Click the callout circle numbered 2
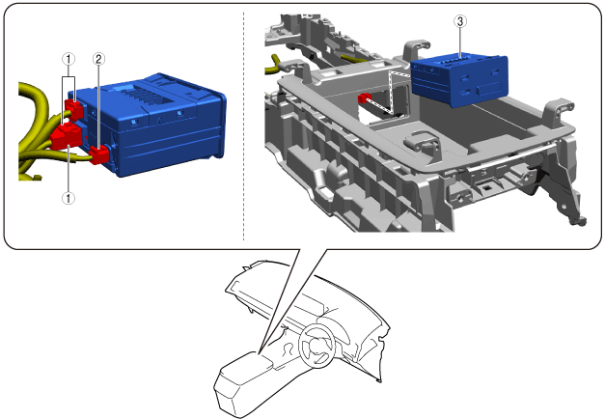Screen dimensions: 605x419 (x=98, y=59)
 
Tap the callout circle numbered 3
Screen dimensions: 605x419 (x=460, y=21)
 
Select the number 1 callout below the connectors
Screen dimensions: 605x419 (x=69, y=198)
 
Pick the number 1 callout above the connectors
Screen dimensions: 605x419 (x=69, y=59)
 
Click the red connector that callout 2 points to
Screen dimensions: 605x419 (x=98, y=154)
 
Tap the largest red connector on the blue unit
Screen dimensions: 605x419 (x=66, y=135)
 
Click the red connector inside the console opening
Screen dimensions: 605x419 (x=365, y=98)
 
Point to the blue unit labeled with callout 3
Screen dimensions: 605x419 (x=459, y=80)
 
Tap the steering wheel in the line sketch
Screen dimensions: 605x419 (x=316, y=346)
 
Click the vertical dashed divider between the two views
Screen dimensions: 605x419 (x=243, y=126)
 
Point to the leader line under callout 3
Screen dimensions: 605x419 (x=460, y=42)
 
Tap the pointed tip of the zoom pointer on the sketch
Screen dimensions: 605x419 (x=259, y=352)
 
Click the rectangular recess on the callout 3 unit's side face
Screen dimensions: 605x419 (x=489, y=91)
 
